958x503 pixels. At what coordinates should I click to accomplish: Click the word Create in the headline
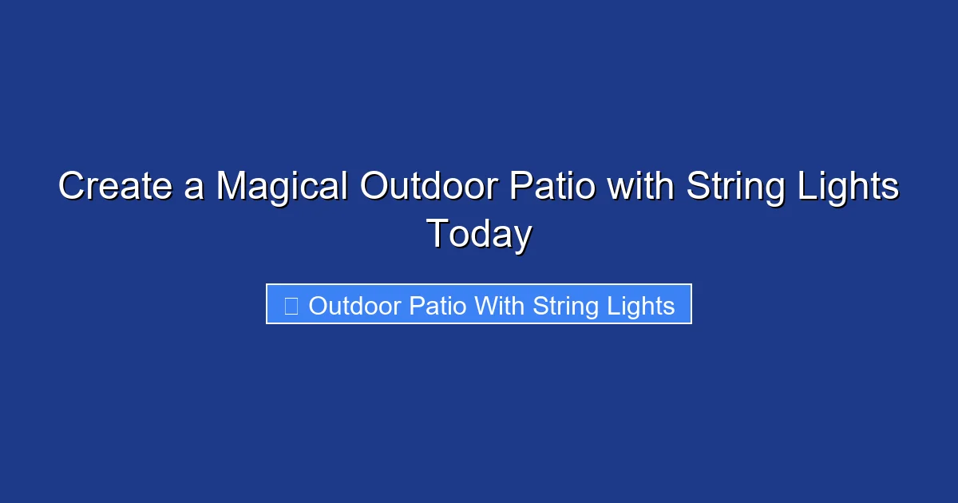(x=113, y=188)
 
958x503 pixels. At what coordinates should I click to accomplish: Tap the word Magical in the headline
(x=282, y=188)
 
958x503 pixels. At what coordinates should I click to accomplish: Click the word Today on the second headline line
(x=479, y=235)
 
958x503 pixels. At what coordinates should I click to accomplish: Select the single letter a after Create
(x=192, y=189)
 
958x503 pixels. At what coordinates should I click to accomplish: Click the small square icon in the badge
(x=291, y=306)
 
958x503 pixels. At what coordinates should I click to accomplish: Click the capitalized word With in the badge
(x=501, y=306)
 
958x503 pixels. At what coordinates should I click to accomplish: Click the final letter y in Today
(x=522, y=238)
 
